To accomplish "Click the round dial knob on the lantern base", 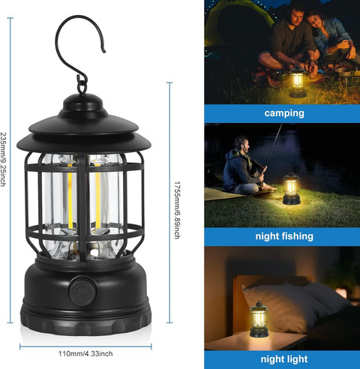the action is pos(82,291).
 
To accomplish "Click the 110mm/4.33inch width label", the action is pos(85,353).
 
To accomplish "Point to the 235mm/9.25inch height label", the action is pos(3,160).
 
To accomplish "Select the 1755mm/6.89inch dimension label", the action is pos(177,210).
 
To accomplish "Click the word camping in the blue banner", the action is pos(284,113).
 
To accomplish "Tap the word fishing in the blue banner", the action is pos(297,236).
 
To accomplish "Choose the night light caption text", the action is pos(284,359).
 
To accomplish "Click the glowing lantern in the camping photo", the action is pos(298,82).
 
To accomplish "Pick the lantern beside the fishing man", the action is pos(291,188).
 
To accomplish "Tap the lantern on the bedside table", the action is pos(259,319).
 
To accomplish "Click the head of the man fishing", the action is pos(241,144).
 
